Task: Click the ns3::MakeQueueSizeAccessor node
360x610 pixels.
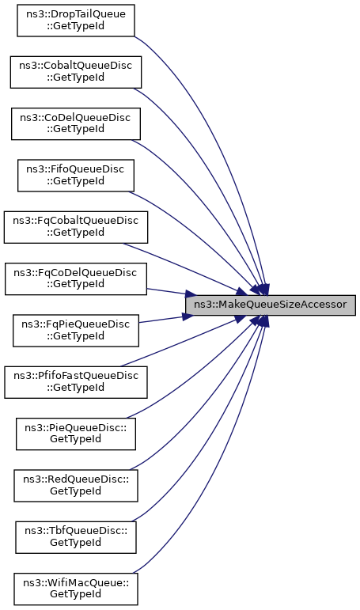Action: tap(270, 305)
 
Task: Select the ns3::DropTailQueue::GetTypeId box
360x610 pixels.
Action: tap(76, 21)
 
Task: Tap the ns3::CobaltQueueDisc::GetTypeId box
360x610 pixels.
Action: tap(76, 72)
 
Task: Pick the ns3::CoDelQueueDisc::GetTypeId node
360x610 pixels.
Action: tap(76, 123)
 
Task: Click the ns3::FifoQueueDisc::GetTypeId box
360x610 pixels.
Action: tap(76, 176)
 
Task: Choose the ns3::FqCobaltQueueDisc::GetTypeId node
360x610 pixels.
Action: tap(76, 227)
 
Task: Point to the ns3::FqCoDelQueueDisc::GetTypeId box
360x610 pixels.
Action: tap(76, 279)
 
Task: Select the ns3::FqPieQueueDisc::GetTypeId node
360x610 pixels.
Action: tap(76, 331)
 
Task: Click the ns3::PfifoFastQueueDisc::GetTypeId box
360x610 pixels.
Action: tap(76, 382)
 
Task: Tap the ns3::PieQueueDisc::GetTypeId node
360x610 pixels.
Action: tap(76, 434)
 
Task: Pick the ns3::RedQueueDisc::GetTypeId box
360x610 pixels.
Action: tap(76, 486)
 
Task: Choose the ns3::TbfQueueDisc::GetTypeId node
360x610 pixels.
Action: tap(76, 537)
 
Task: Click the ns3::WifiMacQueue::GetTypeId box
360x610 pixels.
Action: tap(76, 589)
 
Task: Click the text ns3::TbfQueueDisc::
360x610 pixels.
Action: tap(76, 532)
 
